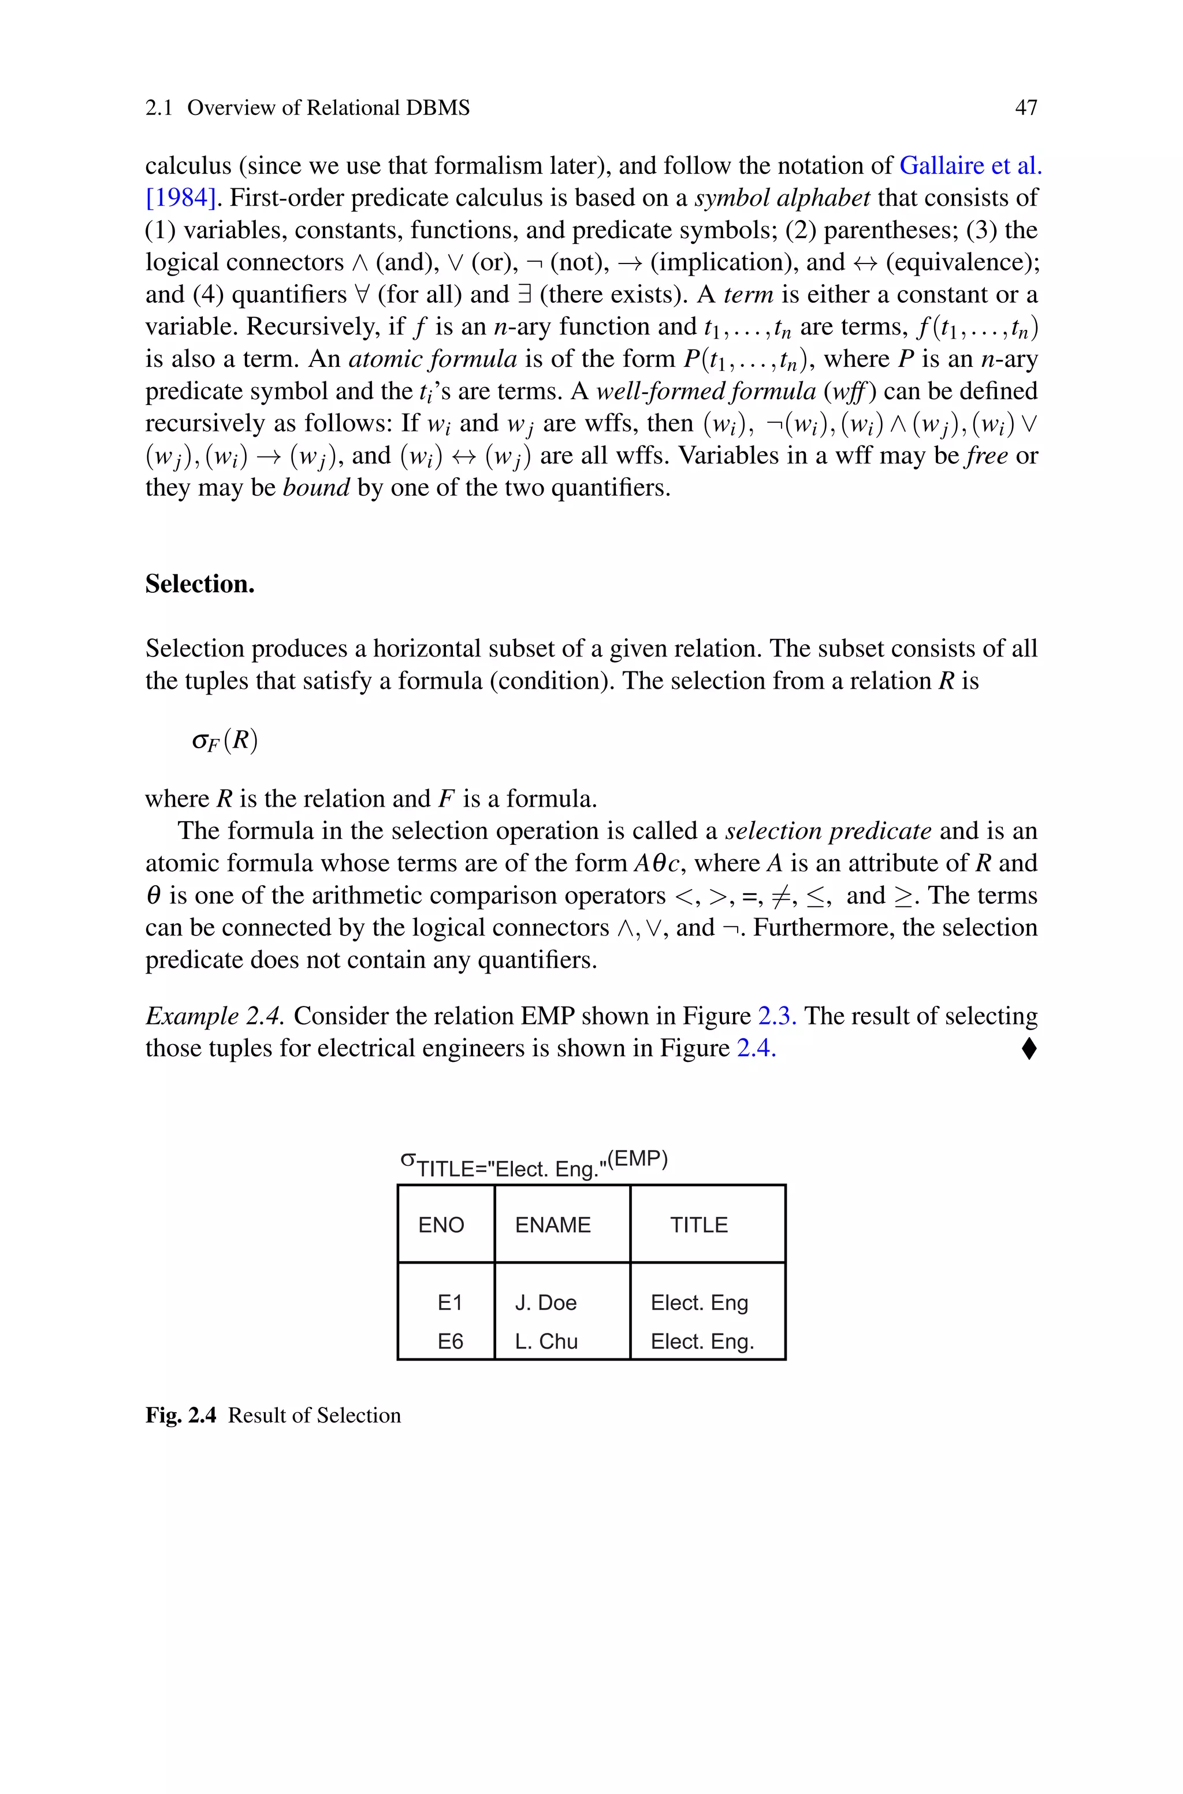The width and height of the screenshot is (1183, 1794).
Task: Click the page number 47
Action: click(x=1025, y=108)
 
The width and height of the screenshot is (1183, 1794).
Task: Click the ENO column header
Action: click(x=441, y=1224)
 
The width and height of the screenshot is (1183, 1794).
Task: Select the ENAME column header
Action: click(x=552, y=1224)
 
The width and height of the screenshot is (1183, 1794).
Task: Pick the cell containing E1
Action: click(x=449, y=1302)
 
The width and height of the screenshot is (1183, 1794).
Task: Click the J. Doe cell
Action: click(x=545, y=1302)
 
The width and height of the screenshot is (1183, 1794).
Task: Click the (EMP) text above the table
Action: click(x=638, y=1159)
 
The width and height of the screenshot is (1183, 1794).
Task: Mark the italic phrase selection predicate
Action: click(x=828, y=831)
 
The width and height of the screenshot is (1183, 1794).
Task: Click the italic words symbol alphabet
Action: click(x=782, y=198)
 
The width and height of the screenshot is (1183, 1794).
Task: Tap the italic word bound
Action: click(x=316, y=487)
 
